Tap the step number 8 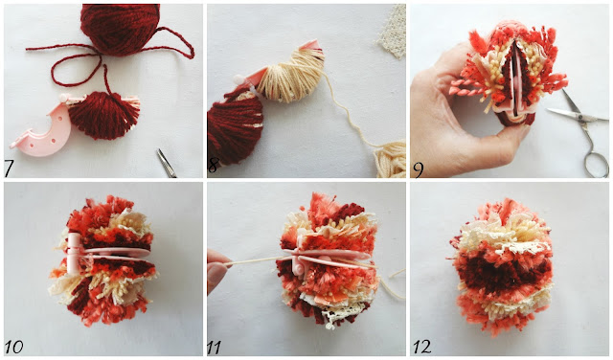(213, 166)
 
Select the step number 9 (419, 169)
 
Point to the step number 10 (14, 347)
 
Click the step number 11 (214, 348)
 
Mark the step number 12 (422, 347)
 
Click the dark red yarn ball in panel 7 (120, 29)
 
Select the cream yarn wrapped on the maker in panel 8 (289, 76)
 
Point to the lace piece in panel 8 (392, 31)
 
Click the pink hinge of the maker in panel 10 (73, 253)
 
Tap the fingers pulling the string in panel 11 (217, 271)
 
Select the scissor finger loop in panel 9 (596, 164)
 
